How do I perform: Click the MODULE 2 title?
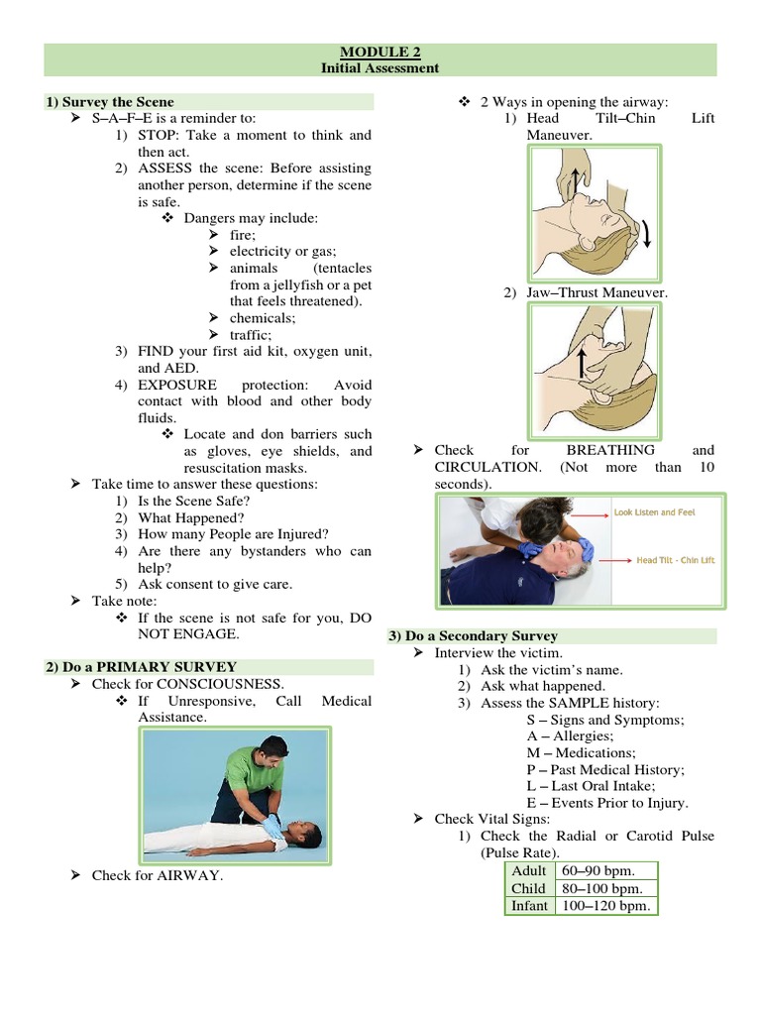pyautogui.click(x=380, y=53)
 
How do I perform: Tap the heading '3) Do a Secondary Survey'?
pyautogui.click(x=473, y=635)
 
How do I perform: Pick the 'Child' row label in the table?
pyautogui.click(x=528, y=888)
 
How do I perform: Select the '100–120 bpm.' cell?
pyautogui.click(x=605, y=906)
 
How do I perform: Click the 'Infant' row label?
pyautogui.click(x=529, y=906)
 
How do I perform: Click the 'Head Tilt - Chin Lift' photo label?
pyautogui.click(x=675, y=560)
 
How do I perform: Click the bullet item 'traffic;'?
pyautogui.click(x=250, y=335)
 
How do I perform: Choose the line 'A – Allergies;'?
pyautogui.click(x=570, y=736)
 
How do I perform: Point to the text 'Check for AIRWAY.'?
pyautogui.click(x=158, y=874)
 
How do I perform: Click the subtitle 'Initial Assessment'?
pyautogui.click(x=380, y=68)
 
